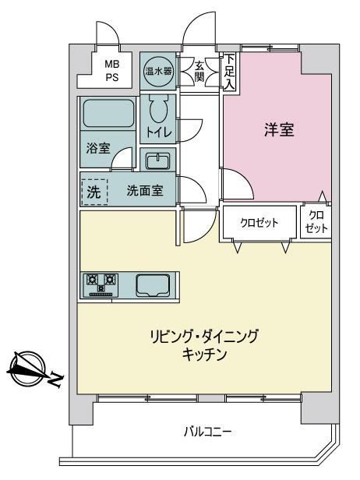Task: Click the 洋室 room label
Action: tap(279, 129)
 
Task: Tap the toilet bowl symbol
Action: tap(159, 108)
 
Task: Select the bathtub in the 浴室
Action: tap(108, 113)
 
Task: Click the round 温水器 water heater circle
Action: tap(158, 72)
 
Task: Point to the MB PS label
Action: tap(112, 71)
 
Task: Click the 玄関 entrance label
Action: tap(199, 72)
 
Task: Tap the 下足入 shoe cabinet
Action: tap(230, 72)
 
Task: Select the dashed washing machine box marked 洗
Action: tap(94, 192)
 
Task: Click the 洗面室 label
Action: tap(145, 191)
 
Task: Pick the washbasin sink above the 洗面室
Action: tap(158, 161)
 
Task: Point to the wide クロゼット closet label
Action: tap(259, 223)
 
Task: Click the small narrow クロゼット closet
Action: tap(316, 222)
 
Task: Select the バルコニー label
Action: tap(208, 432)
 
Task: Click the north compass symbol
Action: tap(27, 368)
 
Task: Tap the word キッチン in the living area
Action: tap(204, 355)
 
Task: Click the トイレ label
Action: tap(159, 132)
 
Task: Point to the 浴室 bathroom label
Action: tap(98, 149)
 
